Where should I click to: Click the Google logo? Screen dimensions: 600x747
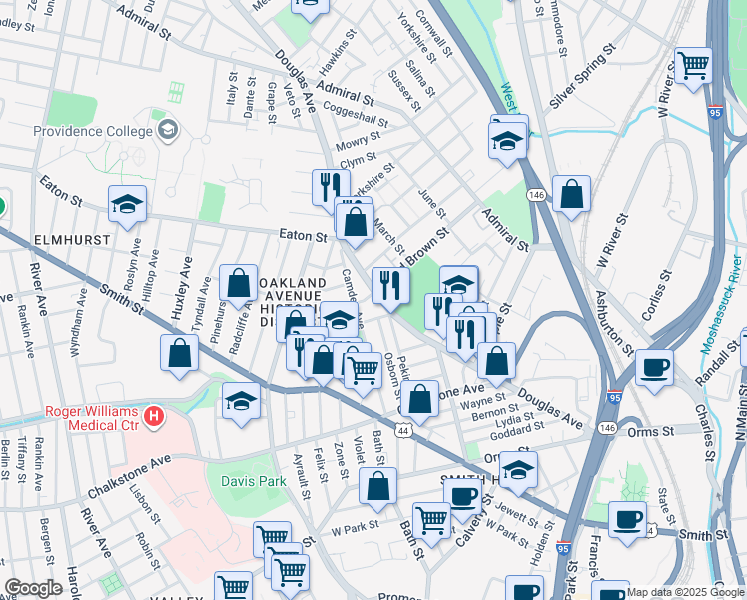coord(33,588)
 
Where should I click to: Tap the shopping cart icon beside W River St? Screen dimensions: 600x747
coord(692,66)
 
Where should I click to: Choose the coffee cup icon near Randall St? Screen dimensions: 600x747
coord(654,367)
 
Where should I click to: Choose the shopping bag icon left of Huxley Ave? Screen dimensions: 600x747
coord(179,353)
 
